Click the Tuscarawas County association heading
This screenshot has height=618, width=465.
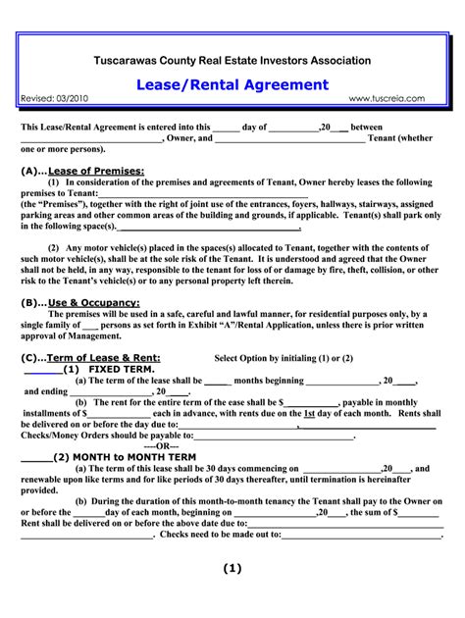click(x=232, y=61)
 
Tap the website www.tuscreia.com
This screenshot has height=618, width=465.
click(x=387, y=99)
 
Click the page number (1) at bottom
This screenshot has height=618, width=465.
click(x=232, y=568)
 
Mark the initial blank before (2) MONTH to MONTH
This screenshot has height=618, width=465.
click(x=36, y=458)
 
